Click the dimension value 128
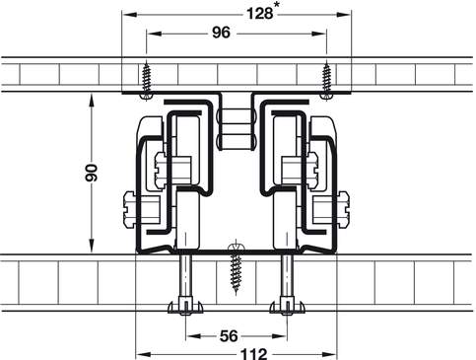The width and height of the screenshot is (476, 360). (x=259, y=14)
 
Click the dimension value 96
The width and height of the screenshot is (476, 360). (x=222, y=33)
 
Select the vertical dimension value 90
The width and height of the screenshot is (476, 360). (x=92, y=173)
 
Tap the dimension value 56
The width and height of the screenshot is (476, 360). (x=229, y=336)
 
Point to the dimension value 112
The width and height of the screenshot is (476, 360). (x=254, y=354)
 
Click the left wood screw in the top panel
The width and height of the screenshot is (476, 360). (x=146, y=80)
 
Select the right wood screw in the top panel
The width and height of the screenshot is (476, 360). (x=326, y=80)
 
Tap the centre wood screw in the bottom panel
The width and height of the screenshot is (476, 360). (x=236, y=267)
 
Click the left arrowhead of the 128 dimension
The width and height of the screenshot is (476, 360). (x=129, y=15)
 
